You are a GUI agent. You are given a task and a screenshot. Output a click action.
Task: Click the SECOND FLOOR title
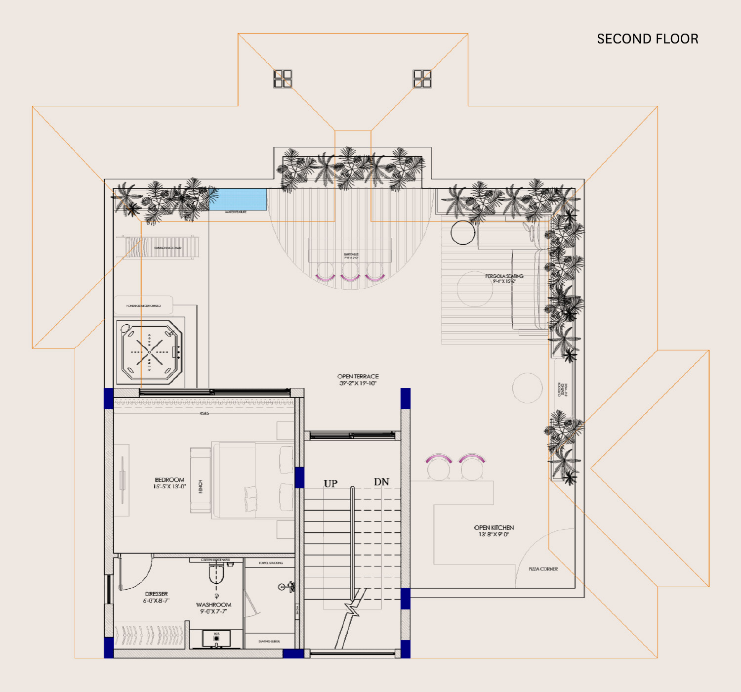[x=647, y=39]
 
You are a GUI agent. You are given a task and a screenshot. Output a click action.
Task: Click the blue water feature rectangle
[x=238, y=199]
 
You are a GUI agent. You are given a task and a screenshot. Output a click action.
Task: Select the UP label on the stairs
[x=330, y=483]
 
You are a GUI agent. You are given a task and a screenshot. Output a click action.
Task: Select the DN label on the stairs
[x=381, y=481]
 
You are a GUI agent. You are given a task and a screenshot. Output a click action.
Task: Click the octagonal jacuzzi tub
[x=150, y=352]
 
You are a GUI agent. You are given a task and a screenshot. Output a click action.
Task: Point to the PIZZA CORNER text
[x=543, y=569]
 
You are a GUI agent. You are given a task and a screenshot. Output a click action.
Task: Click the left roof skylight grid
[x=283, y=79]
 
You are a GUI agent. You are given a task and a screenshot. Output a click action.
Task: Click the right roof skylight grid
[x=422, y=79]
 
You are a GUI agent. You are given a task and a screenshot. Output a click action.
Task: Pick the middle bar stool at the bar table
[x=350, y=272]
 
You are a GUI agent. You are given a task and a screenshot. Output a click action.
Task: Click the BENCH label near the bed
[x=200, y=486]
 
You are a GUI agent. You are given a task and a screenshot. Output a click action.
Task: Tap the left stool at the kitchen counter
[x=439, y=467]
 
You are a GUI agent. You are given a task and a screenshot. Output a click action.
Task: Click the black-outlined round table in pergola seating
[x=463, y=232]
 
